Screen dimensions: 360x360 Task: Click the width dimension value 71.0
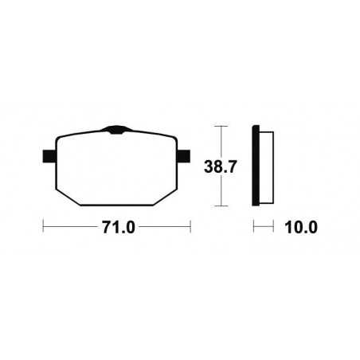(x=117, y=227)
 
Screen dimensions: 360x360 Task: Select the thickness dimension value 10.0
(x=300, y=227)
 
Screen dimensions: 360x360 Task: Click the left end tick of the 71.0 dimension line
(x=43, y=227)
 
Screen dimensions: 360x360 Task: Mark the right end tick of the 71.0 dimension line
(x=191, y=227)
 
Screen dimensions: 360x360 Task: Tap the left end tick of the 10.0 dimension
(x=254, y=227)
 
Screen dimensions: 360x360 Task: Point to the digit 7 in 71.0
(x=104, y=227)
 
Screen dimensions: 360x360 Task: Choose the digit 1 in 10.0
(x=288, y=227)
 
